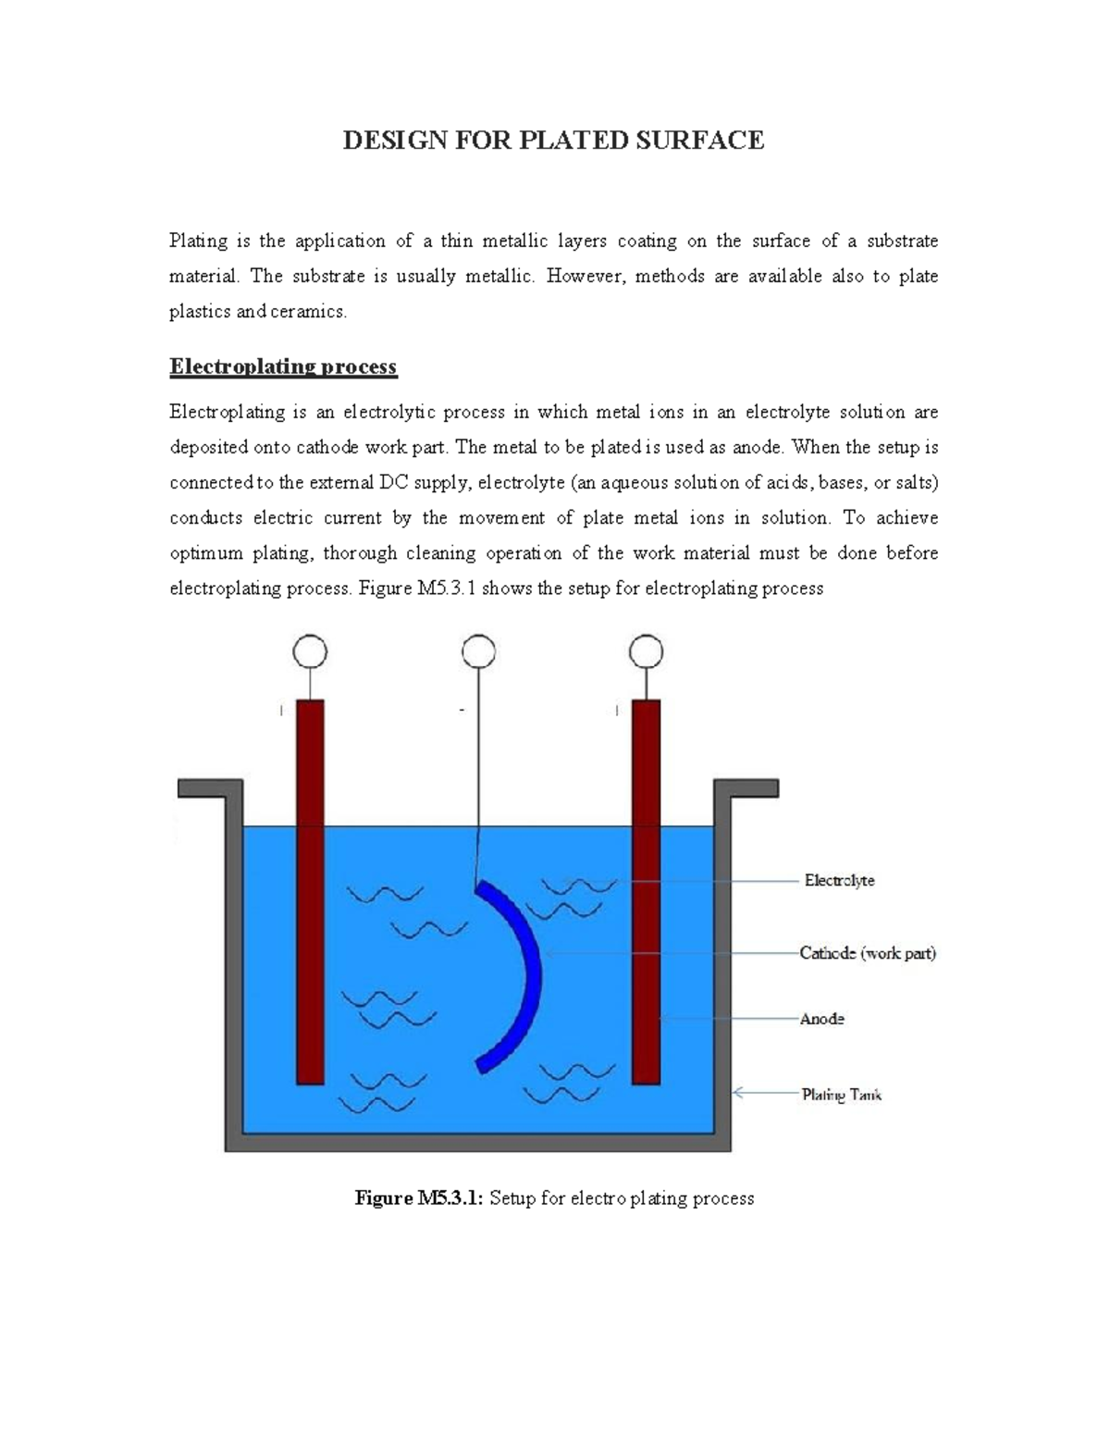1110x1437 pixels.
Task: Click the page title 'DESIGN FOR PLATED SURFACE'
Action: pos(553,141)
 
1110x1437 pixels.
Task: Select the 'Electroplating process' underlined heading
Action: pos(283,367)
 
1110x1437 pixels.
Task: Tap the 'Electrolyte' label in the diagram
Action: pos(839,881)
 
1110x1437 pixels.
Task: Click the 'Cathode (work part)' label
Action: pos(868,953)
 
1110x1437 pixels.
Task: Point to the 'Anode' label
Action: pos(821,1019)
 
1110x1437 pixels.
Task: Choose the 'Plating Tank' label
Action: pos(841,1095)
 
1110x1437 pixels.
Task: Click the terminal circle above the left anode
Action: pos(310,652)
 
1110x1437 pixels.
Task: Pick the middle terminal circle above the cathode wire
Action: pos(477,652)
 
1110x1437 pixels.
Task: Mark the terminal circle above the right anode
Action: pos(646,652)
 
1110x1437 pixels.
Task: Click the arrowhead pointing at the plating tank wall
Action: pos(738,1093)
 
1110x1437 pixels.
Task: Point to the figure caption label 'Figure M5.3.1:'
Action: pos(419,1199)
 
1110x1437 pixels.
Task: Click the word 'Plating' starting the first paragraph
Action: pos(198,242)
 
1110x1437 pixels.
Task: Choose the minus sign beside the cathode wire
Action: pos(461,710)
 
